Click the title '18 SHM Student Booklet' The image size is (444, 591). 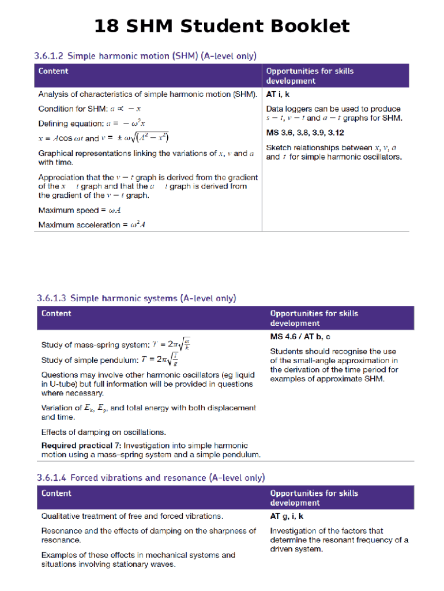[221, 27]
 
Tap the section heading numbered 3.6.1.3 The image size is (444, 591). [136, 298]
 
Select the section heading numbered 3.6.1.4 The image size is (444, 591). [150, 478]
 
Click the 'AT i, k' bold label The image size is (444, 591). [278, 94]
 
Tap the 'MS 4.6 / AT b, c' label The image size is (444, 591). [300, 336]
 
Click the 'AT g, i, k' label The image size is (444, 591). [287, 516]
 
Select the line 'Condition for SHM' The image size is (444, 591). [90, 109]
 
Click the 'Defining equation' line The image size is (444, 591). [92, 124]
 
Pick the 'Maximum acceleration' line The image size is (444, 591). [92, 225]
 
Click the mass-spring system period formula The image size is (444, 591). [173, 345]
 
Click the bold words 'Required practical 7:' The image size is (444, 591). [81, 446]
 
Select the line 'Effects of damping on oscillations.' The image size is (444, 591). [104, 432]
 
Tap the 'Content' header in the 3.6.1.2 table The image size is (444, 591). [53, 72]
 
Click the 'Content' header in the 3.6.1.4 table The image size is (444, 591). [57, 493]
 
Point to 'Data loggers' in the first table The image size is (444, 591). [289, 109]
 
